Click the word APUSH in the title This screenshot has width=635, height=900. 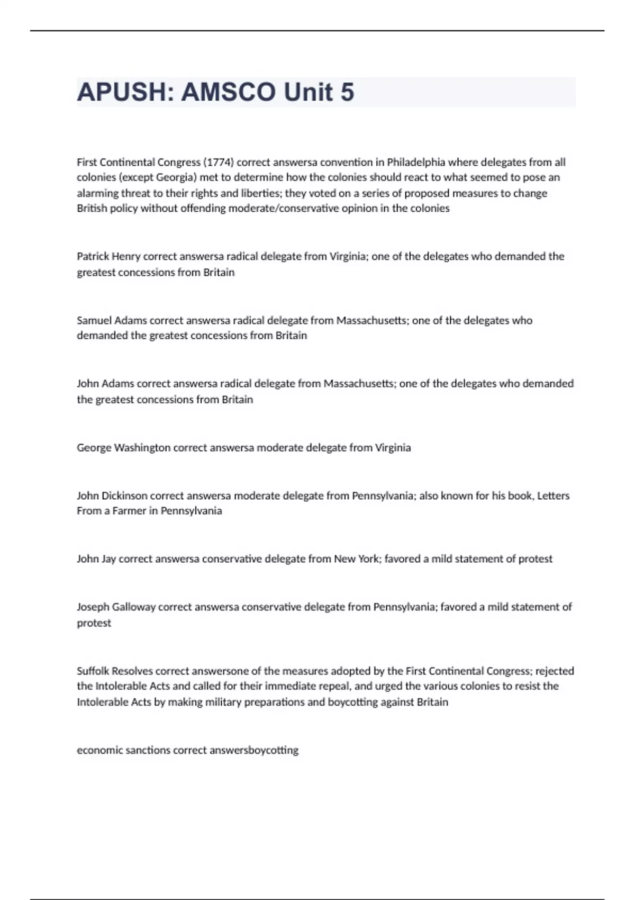[x=122, y=92]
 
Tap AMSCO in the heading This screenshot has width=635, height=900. [x=229, y=92]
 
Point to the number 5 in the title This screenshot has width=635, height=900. [x=347, y=92]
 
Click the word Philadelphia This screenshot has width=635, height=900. [x=416, y=162]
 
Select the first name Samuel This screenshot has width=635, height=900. [x=94, y=320]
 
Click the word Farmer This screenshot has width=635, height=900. [x=129, y=511]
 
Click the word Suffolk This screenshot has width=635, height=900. [x=93, y=671]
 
